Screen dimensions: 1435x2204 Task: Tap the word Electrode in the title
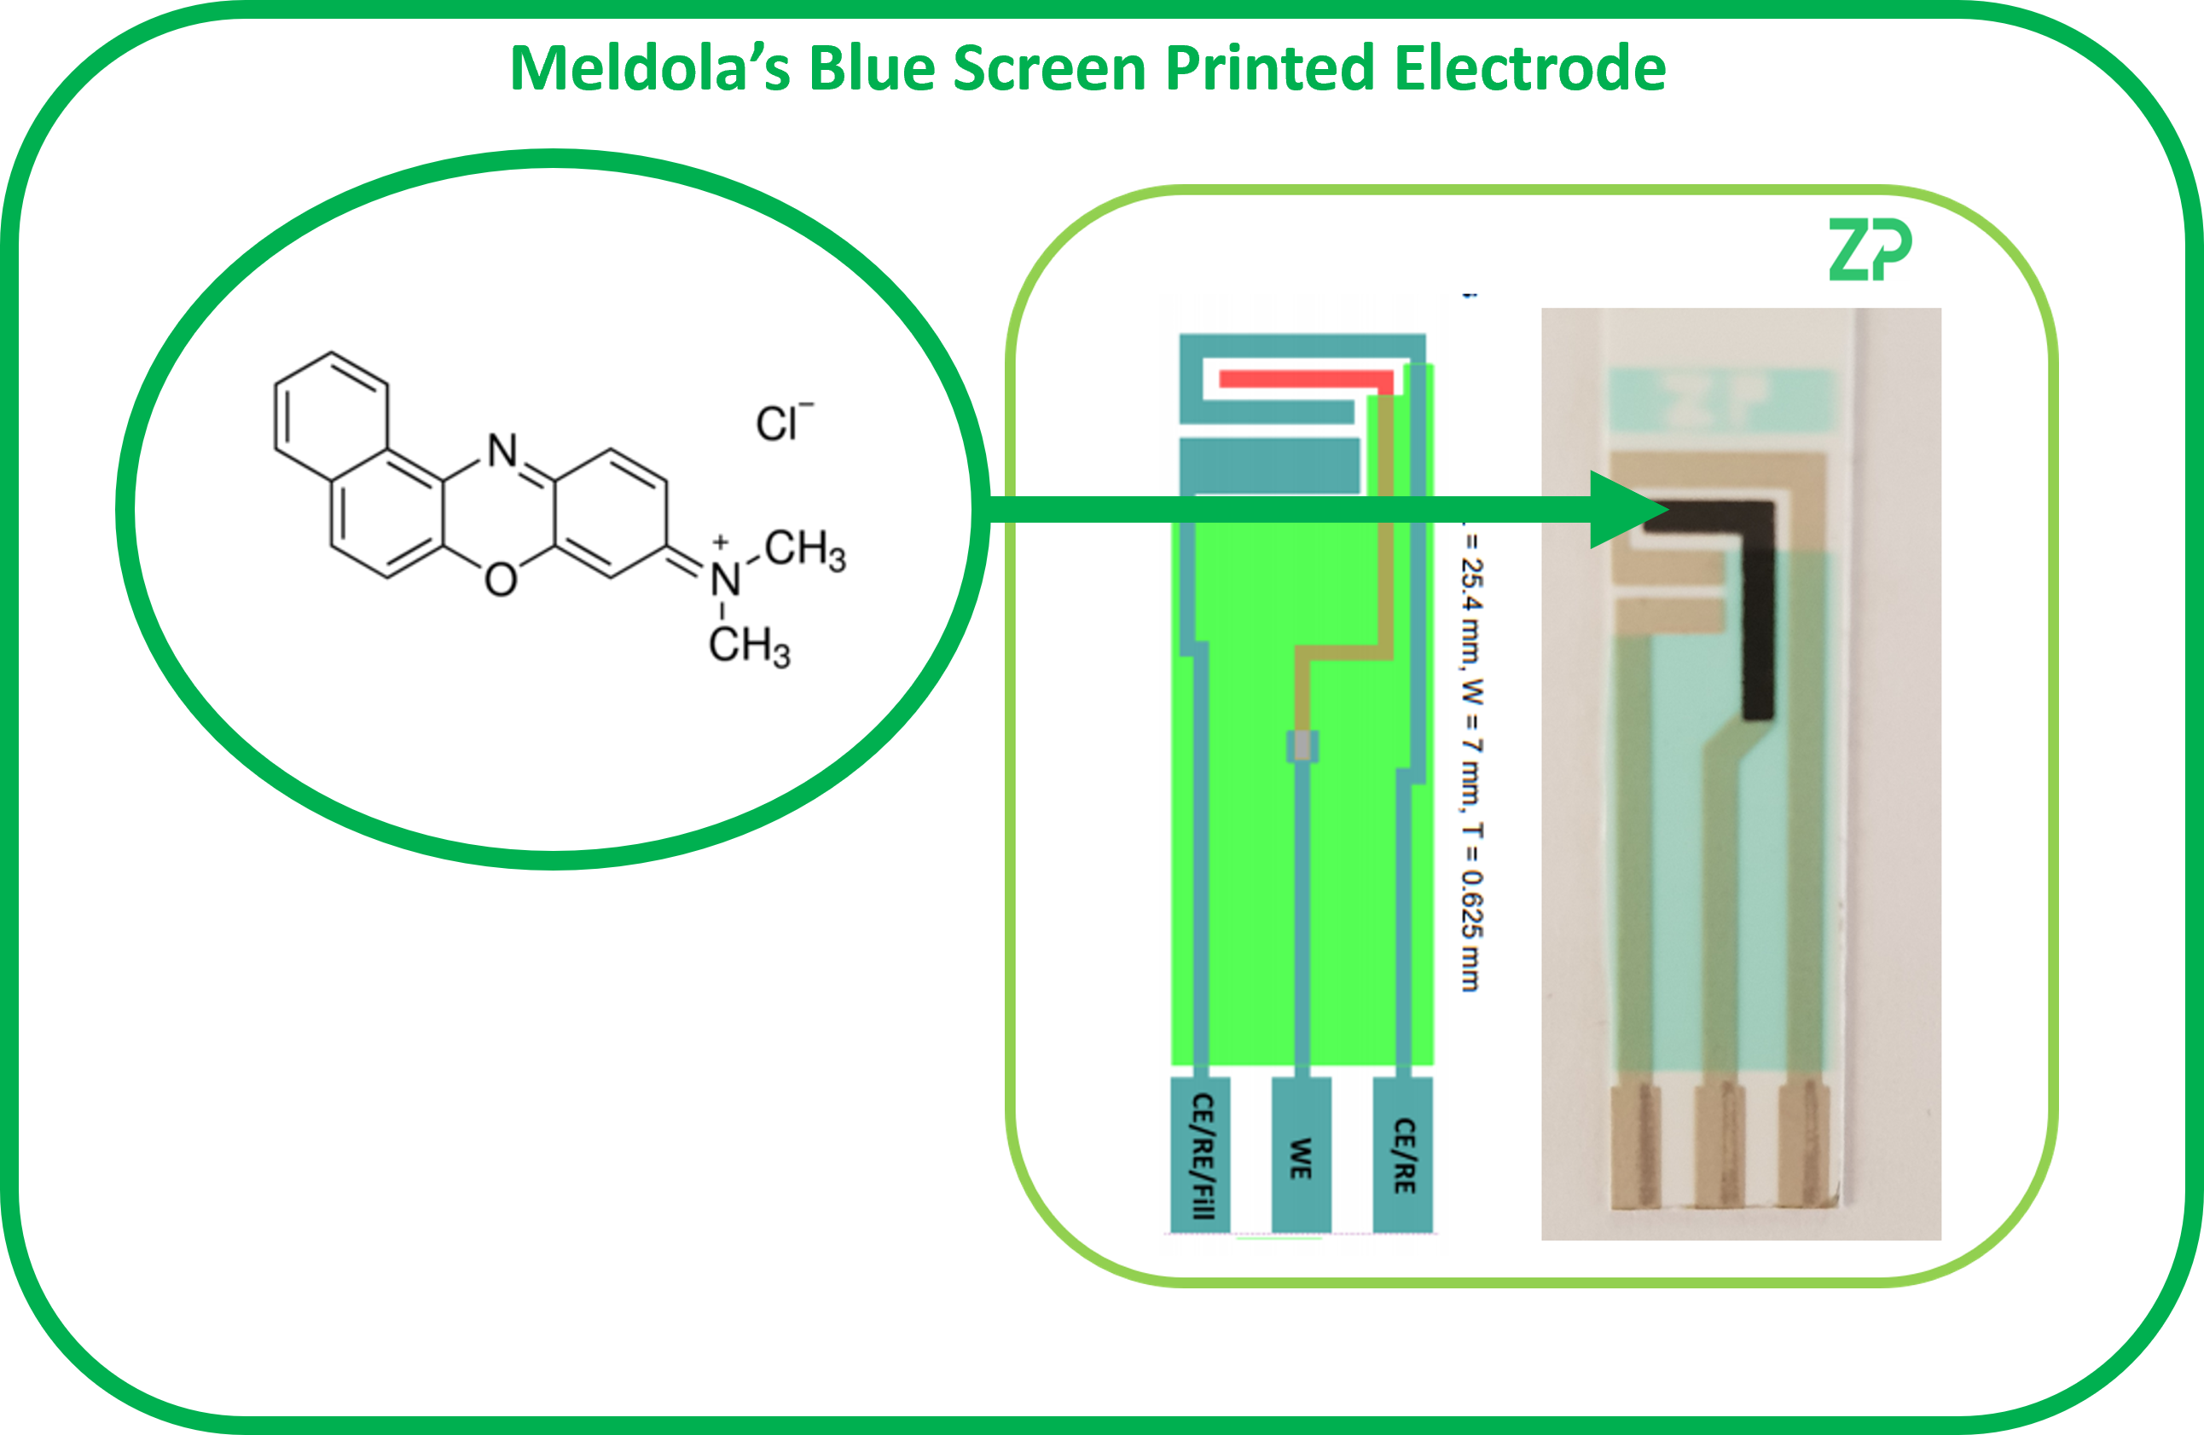1530,68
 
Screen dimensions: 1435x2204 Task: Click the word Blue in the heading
872,68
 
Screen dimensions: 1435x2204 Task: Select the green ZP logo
1869,250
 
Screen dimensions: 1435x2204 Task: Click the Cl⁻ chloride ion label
782,423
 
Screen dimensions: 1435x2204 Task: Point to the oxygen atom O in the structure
501,581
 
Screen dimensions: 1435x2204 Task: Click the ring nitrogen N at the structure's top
503,451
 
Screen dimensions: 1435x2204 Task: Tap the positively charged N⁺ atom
725,580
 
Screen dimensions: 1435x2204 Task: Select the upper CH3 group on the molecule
804,550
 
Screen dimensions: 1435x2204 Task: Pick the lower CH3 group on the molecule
749,645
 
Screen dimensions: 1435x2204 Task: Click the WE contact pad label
1301,1157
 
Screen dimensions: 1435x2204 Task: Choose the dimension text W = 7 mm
1471,741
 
